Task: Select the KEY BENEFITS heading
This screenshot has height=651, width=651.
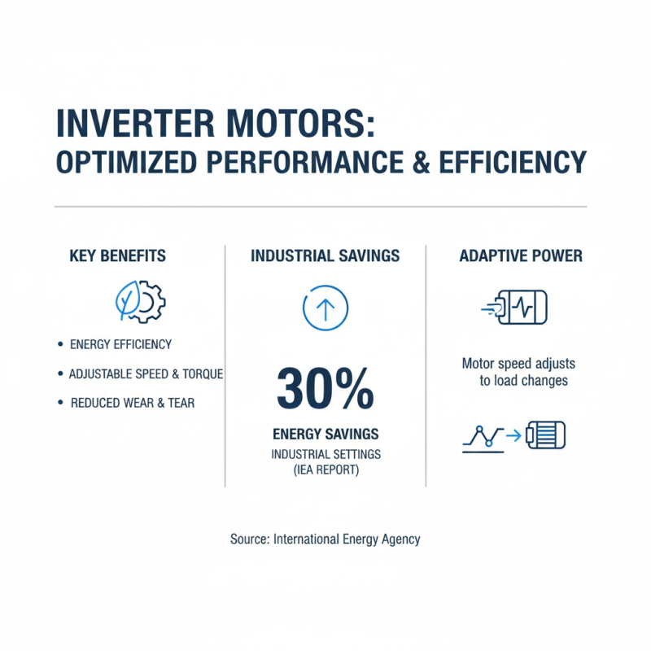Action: point(118,256)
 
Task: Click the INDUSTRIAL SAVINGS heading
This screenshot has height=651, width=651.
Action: point(325,256)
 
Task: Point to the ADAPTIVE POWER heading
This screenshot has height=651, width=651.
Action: point(521,256)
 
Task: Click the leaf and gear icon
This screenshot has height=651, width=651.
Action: point(139,302)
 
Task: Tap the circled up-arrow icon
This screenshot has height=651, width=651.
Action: point(325,308)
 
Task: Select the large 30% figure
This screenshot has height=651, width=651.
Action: point(325,389)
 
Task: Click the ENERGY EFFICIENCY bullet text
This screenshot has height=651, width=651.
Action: point(120,344)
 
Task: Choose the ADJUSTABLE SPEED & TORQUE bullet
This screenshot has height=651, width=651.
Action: point(146,374)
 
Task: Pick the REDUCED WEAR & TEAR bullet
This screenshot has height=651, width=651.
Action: point(133,403)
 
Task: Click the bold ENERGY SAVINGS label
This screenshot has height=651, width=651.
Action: point(325,434)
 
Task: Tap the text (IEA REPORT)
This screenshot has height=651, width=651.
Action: point(325,470)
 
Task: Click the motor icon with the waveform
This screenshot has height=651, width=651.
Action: point(521,308)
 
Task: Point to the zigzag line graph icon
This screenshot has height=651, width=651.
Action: point(483,437)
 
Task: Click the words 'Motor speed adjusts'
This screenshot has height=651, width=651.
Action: point(518,364)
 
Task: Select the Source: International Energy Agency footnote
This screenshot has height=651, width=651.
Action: point(325,539)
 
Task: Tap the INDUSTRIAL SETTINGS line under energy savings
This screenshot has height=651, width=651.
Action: point(325,453)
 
